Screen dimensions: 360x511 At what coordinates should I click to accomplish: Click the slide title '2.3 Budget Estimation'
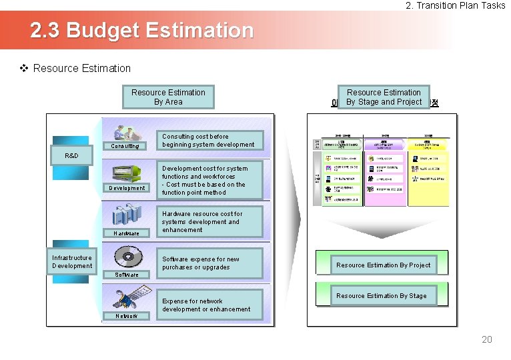coord(142,31)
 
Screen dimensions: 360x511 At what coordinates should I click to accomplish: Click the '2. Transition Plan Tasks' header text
coord(456,5)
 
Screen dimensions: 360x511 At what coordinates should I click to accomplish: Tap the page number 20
coord(487,339)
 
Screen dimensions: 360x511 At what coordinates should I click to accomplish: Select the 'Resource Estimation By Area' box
coord(168,97)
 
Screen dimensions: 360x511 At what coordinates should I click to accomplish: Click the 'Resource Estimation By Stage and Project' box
coord(384,97)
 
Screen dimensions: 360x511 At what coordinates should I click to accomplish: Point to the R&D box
coord(71,155)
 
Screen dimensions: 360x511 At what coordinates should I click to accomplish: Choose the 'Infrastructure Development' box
coord(72,262)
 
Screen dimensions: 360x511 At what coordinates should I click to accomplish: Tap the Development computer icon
coord(127,175)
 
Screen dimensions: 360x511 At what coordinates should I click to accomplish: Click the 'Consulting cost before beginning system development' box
coord(209,141)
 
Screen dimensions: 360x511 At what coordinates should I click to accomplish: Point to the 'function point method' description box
coord(209,181)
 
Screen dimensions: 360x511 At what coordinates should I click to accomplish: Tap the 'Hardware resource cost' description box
coord(209,222)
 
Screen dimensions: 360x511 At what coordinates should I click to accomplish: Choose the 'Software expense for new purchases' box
coord(209,263)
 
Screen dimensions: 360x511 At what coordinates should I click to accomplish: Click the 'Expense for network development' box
coord(209,305)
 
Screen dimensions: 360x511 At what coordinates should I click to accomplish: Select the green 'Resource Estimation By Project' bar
coord(383,265)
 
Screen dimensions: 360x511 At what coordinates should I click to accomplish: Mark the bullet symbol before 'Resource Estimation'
coord(25,68)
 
